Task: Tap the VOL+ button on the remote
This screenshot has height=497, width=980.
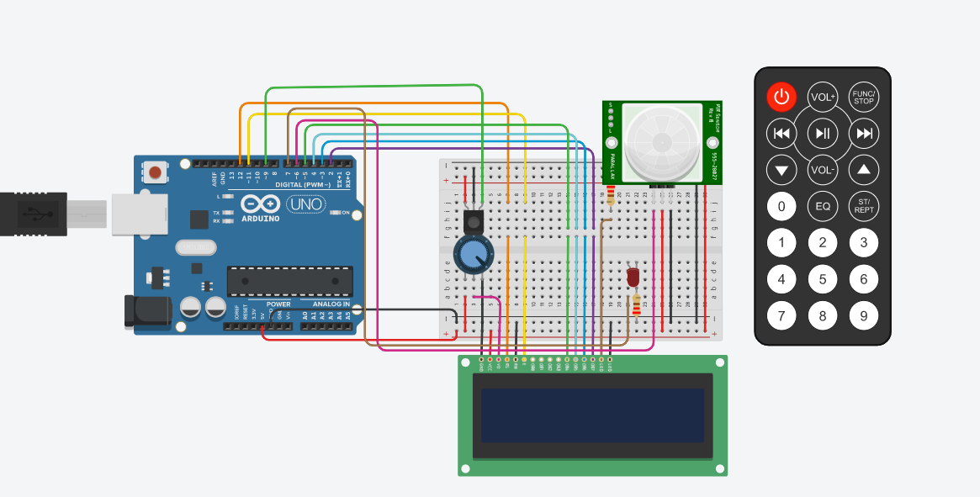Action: [823, 98]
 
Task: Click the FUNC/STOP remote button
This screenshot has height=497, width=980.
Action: [863, 98]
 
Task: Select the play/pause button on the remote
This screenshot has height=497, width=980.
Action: [823, 133]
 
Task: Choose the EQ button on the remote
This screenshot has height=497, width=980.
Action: [823, 205]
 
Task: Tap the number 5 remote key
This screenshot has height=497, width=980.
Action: [823, 279]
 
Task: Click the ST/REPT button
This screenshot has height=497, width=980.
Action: [863, 205]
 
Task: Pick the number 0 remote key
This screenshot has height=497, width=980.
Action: [781, 205]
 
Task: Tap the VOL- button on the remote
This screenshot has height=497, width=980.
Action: [823, 170]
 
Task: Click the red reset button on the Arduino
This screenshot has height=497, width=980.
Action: [155, 173]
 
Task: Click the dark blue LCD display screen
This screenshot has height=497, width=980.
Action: [592, 415]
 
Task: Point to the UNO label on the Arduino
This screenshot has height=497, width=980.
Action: [306, 204]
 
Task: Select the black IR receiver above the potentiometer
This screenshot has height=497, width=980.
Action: [474, 222]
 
